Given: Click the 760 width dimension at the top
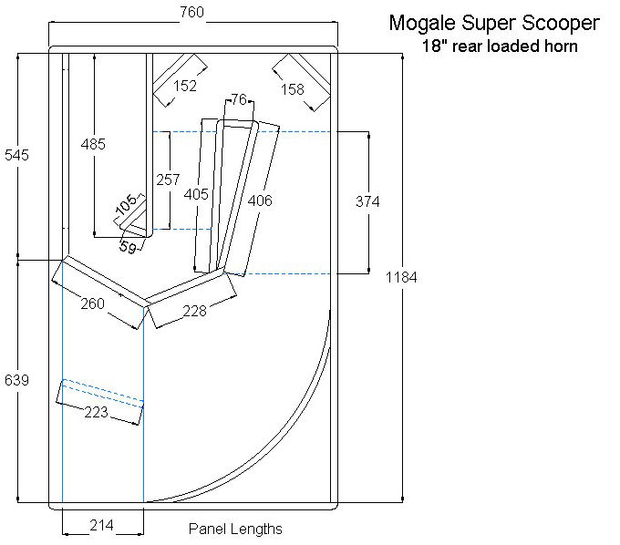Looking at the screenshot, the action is [x=192, y=12].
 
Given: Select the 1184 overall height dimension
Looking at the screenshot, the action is [x=401, y=277].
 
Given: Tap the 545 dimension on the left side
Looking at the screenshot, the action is [x=16, y=155].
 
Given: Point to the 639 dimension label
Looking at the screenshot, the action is [x=16, y=380].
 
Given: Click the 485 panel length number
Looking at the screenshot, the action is [x=93, y=144].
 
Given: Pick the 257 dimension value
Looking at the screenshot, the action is [x=168, y=180].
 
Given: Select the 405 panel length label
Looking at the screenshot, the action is [x=196, y=194].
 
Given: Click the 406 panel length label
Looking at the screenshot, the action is [x=260, y=201].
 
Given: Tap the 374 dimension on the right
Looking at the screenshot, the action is [x=367, y=202].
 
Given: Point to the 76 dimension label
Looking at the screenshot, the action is [x=239, y=99].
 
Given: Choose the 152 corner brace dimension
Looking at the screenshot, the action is [x=185, y=86].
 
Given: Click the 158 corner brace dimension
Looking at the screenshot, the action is [x=293, y=89].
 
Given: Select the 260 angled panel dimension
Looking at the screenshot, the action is [x=92, y=303].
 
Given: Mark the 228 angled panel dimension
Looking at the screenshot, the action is [x=194, y=312].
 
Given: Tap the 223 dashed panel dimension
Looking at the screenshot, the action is [x=96, y=413].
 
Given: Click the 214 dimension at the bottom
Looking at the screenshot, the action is [x=101, y=526].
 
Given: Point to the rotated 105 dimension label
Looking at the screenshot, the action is [x=127, y=204].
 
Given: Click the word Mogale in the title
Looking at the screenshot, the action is [x=422, y=24].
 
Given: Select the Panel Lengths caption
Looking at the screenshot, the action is [x=235, y=529].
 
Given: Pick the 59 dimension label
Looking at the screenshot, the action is [x=128, y=247].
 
